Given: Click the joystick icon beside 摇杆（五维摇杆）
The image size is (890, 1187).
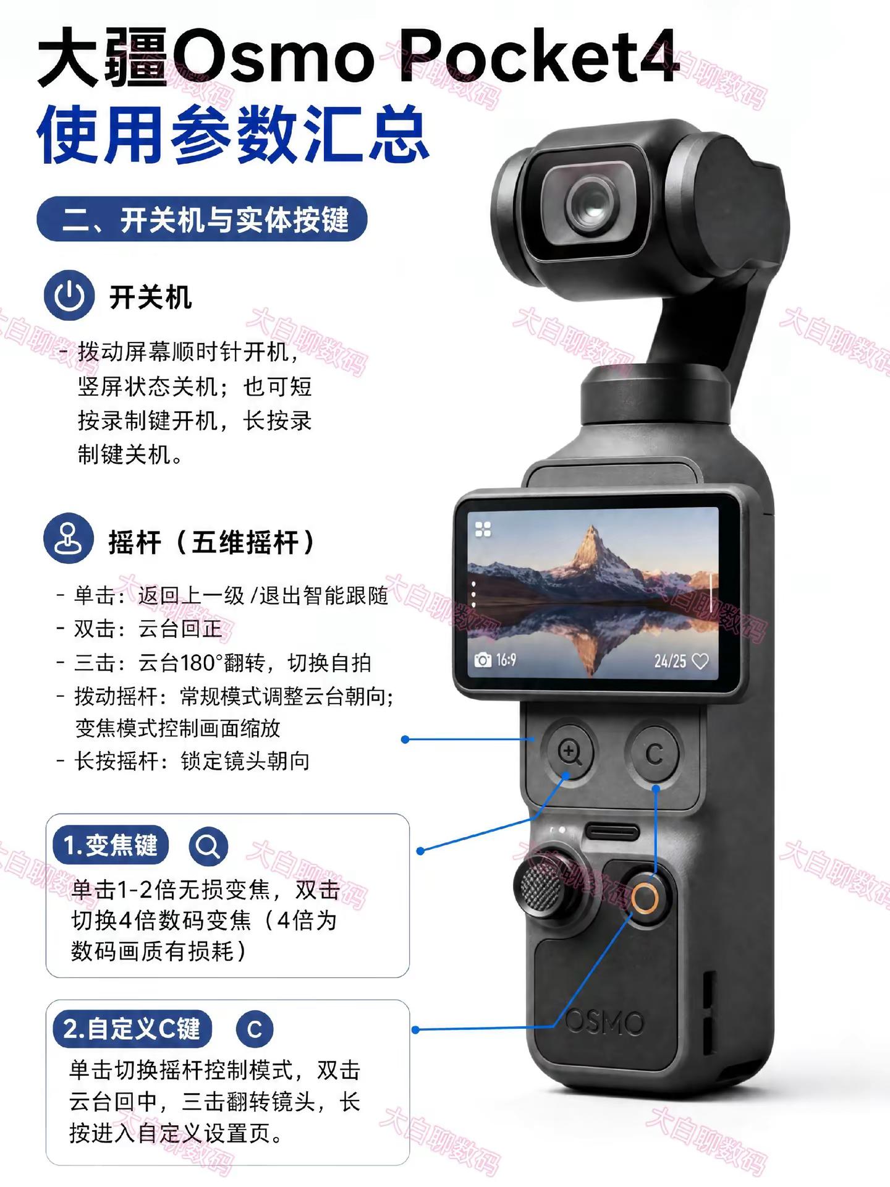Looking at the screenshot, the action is coord(69,538).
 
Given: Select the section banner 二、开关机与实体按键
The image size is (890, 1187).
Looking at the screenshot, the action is coord(202,219).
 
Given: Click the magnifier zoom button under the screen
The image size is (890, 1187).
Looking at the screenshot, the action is coord(569,752).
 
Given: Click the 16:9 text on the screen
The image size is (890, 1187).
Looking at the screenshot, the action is coord(506,660).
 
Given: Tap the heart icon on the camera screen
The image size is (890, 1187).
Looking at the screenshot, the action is coord(700,661).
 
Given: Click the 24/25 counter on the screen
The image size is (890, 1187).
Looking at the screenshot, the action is coord(671,661).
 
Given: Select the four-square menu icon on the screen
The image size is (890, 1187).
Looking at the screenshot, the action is coord(483,529).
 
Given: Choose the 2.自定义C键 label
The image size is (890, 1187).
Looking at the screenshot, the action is coord(132,1029).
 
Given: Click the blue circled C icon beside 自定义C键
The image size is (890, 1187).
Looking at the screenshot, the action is coord(254,1029).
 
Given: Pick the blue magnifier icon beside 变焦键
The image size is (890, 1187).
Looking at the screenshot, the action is coord(208,846).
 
